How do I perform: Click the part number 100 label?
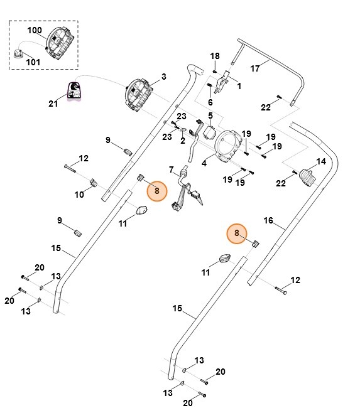[35, 30]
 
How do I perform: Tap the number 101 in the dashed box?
[33, 62]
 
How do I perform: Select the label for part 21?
[53, 104]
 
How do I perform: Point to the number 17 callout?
[255, 68]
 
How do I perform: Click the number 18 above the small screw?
[215, 56]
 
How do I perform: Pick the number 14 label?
[321, 161]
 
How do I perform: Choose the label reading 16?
[268, 220]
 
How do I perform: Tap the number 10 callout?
[79, 195]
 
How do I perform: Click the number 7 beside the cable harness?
[172, 169]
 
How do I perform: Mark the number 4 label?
[204, 163]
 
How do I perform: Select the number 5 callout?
[210, 115]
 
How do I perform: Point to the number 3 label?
[164, 77]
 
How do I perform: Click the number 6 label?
[210, 102]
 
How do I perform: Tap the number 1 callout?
[239, 86]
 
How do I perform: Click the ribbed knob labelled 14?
[307, 177]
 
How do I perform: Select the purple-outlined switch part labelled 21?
[74, 91]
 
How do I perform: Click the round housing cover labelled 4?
[228, 145]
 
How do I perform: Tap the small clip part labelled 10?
[93, 182]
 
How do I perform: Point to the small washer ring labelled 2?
[183, 129]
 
